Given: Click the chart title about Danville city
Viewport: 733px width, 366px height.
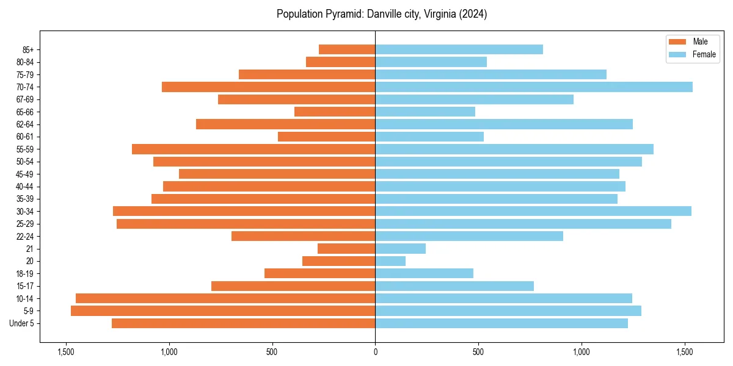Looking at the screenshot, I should click(x=382, y=14).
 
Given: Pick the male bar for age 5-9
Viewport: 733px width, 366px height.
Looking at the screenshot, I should click(x=223, y=310).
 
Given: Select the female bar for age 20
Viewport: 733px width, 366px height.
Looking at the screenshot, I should click(x=390, y=261).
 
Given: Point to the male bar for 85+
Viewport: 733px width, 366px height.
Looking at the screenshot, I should click(x=347, y=49).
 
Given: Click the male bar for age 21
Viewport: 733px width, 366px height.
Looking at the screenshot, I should click(x=346, y=248).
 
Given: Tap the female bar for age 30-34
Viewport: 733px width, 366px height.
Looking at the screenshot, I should click(x=533, y=211).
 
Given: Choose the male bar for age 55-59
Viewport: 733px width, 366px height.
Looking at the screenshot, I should click(x=253, y=149).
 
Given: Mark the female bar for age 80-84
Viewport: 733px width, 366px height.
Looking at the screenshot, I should click(x=431, y=62).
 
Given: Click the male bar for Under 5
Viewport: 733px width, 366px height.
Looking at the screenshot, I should click(x=243, y=323).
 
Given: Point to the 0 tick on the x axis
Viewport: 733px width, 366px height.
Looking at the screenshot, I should click(x=375, y=353).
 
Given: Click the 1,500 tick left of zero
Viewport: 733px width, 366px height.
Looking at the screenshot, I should click(x=66, y=353).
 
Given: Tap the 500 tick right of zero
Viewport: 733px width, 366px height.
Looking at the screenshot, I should click(x=478, y=353).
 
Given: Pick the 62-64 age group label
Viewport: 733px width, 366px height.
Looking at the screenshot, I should click(x=25, y=124).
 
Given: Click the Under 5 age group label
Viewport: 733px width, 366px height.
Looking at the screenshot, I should click(x=22, y=323).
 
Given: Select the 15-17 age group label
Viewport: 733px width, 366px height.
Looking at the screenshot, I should click(x=25, y=286).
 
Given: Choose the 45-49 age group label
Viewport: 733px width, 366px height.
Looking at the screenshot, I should click(x=25, y=174).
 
